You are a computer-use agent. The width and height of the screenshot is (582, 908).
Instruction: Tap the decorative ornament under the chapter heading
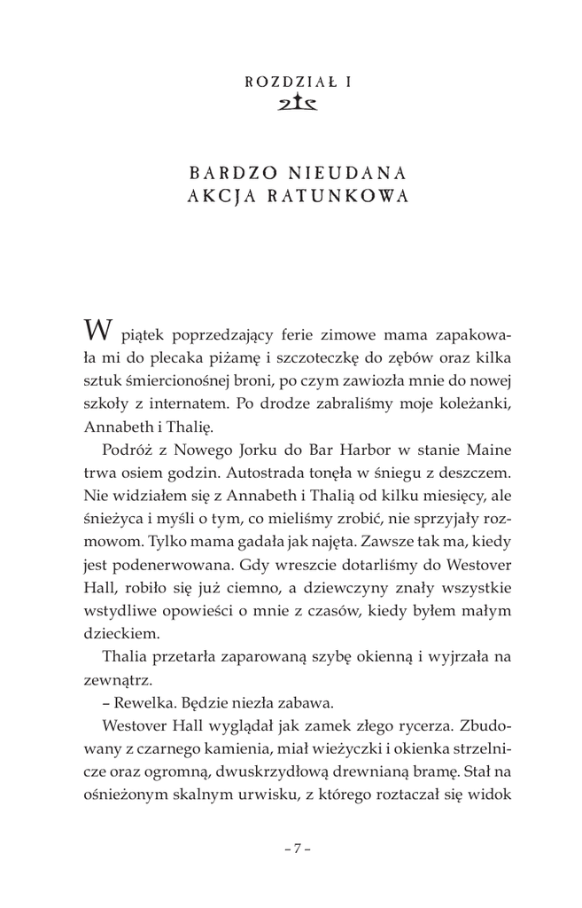click(291, 103)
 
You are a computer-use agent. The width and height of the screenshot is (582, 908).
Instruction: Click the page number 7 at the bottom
click(291, 849)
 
